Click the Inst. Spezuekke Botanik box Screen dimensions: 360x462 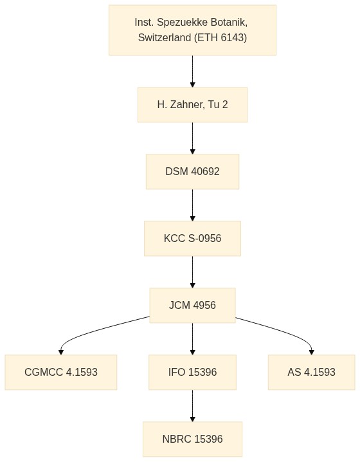tap(192, 30)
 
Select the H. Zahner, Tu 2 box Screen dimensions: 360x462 tap(192, 105)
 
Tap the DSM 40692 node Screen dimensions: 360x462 tap(192, 172)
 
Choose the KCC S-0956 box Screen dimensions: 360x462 tap(192, 238)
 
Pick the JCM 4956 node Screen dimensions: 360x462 tap(192, 305)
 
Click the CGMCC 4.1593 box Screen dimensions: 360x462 tap(61, 372)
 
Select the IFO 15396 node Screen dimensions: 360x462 tap(192, 372)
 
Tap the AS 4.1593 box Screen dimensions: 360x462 tap(311, 372)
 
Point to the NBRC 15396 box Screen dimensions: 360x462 tap(192, 439)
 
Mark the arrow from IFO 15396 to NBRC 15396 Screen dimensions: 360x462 tap(192, 405)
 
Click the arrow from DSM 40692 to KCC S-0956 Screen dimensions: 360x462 tap(192, 205)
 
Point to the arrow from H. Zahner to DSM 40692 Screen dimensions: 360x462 tap(192, 138)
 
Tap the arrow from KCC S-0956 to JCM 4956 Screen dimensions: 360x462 tap(192, 272)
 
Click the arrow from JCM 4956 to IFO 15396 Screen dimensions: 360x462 tap(192, 338)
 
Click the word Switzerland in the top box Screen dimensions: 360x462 tap(165, 38)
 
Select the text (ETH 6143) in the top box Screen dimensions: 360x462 tap(221, 38)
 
